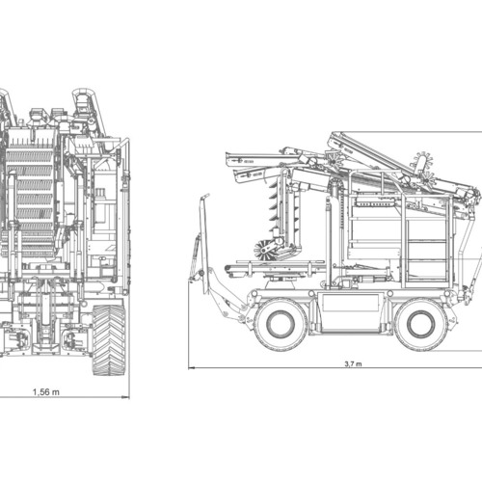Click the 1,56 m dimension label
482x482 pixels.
tap(46, 392)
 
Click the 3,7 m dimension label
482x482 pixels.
tap(353, 363)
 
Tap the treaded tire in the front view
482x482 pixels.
tap(109, 340)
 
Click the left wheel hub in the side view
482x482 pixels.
tap(281, 324)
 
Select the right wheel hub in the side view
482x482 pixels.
tap(420, 324)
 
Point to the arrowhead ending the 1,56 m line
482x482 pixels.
tap(126, 397)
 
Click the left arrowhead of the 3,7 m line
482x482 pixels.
tap(192, 367)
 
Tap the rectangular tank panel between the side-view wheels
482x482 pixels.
tap(351, 303)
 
